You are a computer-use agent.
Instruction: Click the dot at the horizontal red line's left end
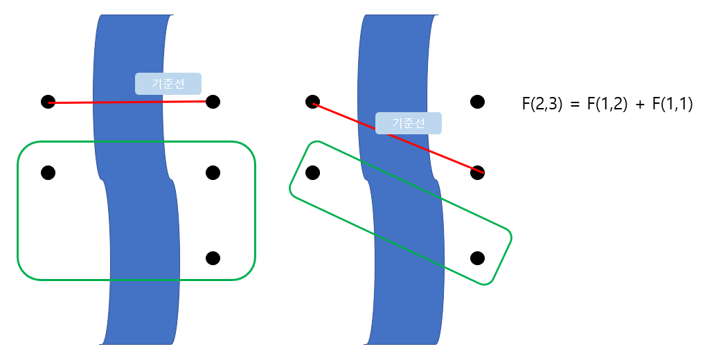point(48,102)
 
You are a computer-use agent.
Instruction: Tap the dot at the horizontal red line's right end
point(213,102)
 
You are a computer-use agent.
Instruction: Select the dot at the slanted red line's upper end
point(312,102)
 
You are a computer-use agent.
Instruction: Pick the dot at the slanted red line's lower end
point(477,172)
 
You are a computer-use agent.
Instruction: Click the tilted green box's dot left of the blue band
point(312,172)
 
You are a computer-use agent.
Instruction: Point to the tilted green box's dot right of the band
point(477,258)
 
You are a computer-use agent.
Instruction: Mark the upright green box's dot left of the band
point(48,172)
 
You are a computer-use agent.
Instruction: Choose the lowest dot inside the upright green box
point(213,258)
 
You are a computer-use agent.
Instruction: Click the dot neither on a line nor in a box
point(477,102)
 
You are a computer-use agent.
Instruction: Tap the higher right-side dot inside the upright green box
point(213,172)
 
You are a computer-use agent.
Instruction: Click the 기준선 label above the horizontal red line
point(168,84)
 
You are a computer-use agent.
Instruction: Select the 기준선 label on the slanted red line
point(409,123)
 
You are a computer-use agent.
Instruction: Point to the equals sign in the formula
point(573,105)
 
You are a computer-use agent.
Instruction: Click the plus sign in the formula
point(639,105)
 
